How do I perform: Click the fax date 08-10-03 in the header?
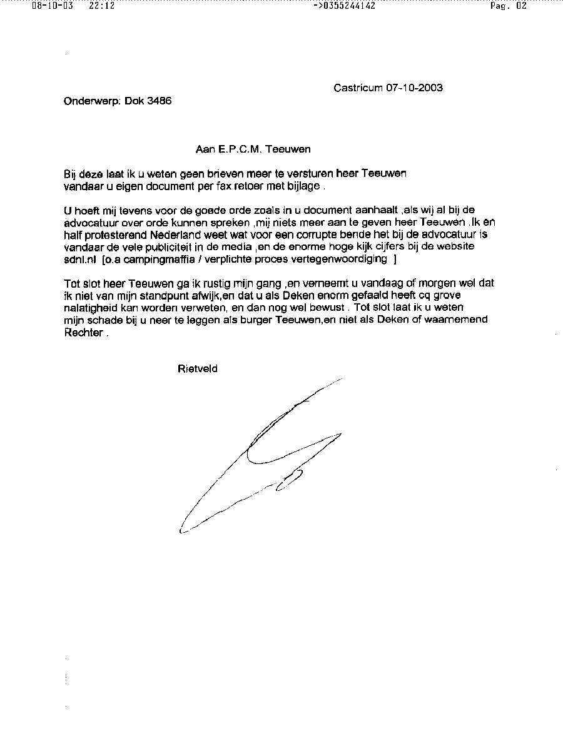point(49,6)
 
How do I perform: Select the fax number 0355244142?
point(348,6)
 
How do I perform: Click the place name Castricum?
point(358,88)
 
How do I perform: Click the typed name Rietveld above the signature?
point(198,369)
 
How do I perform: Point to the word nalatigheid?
point(89,308)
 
